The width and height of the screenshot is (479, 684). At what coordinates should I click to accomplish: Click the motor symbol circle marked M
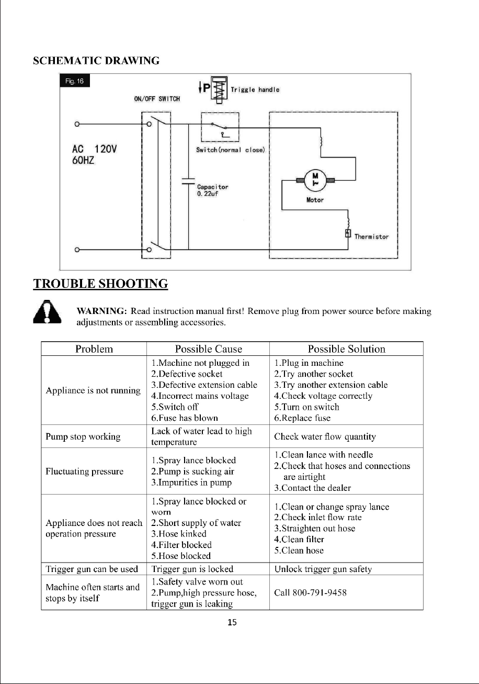[315, 180]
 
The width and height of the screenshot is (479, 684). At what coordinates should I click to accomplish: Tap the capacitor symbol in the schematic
[188, 181]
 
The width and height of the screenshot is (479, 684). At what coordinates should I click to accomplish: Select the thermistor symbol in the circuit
[348, 233]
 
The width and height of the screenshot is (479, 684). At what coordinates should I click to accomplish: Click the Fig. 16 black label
[74, 81]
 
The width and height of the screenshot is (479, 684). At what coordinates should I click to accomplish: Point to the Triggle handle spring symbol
[219, 90]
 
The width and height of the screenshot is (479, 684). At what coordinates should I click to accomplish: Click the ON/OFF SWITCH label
[157, 99]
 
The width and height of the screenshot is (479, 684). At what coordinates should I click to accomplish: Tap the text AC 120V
[94, 149]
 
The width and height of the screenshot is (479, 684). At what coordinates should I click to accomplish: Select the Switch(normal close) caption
[230, 150]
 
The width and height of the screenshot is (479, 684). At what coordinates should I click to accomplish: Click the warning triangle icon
[47, 311]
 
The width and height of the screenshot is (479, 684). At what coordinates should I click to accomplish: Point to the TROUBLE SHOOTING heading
[100, 284]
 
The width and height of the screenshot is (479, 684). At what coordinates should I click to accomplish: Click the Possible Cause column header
[208, 349]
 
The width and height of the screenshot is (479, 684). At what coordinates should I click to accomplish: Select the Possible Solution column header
[346, 349]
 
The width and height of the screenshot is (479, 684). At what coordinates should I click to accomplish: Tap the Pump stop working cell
[83, 436]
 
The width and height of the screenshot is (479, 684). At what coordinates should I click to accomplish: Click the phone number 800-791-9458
[320, 593]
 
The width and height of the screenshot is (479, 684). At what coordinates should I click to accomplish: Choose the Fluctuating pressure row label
[85, 471]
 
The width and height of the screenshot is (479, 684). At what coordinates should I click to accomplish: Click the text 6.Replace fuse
[302, 418]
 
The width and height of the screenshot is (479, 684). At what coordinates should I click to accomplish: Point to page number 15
[232, 622]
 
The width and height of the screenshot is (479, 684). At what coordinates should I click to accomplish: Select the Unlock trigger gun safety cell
[323, 569]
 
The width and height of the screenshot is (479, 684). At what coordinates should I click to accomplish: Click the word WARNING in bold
[101, 311]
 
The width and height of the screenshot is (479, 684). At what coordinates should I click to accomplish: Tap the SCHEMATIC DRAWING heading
[96, 61]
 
